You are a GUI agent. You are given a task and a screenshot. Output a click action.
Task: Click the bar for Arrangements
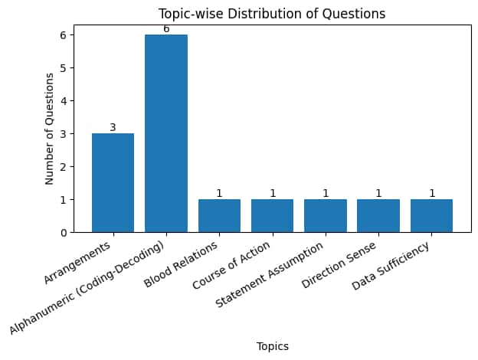[x=113, y=182]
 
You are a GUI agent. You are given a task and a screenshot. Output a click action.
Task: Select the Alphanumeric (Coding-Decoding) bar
[x=166, y=133]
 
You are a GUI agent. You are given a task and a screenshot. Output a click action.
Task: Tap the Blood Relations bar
[x=219, y=215]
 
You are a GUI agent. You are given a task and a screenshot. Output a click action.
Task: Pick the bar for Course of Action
[x=272, y=215]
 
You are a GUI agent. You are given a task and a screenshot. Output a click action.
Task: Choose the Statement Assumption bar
[x=326, y=215]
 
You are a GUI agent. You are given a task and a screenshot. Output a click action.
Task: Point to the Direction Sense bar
[x=378, y=215]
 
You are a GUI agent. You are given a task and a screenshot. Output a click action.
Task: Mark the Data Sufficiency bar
[x=431, y=215]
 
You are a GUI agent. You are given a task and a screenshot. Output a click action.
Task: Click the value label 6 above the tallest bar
[x=166, y=29]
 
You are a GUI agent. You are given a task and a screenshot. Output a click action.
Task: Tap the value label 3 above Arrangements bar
[x=113, y=127]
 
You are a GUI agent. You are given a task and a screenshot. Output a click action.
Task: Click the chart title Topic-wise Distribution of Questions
[x=272, y=14]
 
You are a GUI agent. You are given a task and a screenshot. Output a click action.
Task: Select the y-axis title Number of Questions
[x=50, y=128]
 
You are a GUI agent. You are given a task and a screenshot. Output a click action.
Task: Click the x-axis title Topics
[x=272, y=346]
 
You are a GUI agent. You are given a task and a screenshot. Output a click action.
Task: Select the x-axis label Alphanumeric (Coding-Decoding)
[x=88, y=288]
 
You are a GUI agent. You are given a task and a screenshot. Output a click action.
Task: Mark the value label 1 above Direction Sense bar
[x=378, y=193]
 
